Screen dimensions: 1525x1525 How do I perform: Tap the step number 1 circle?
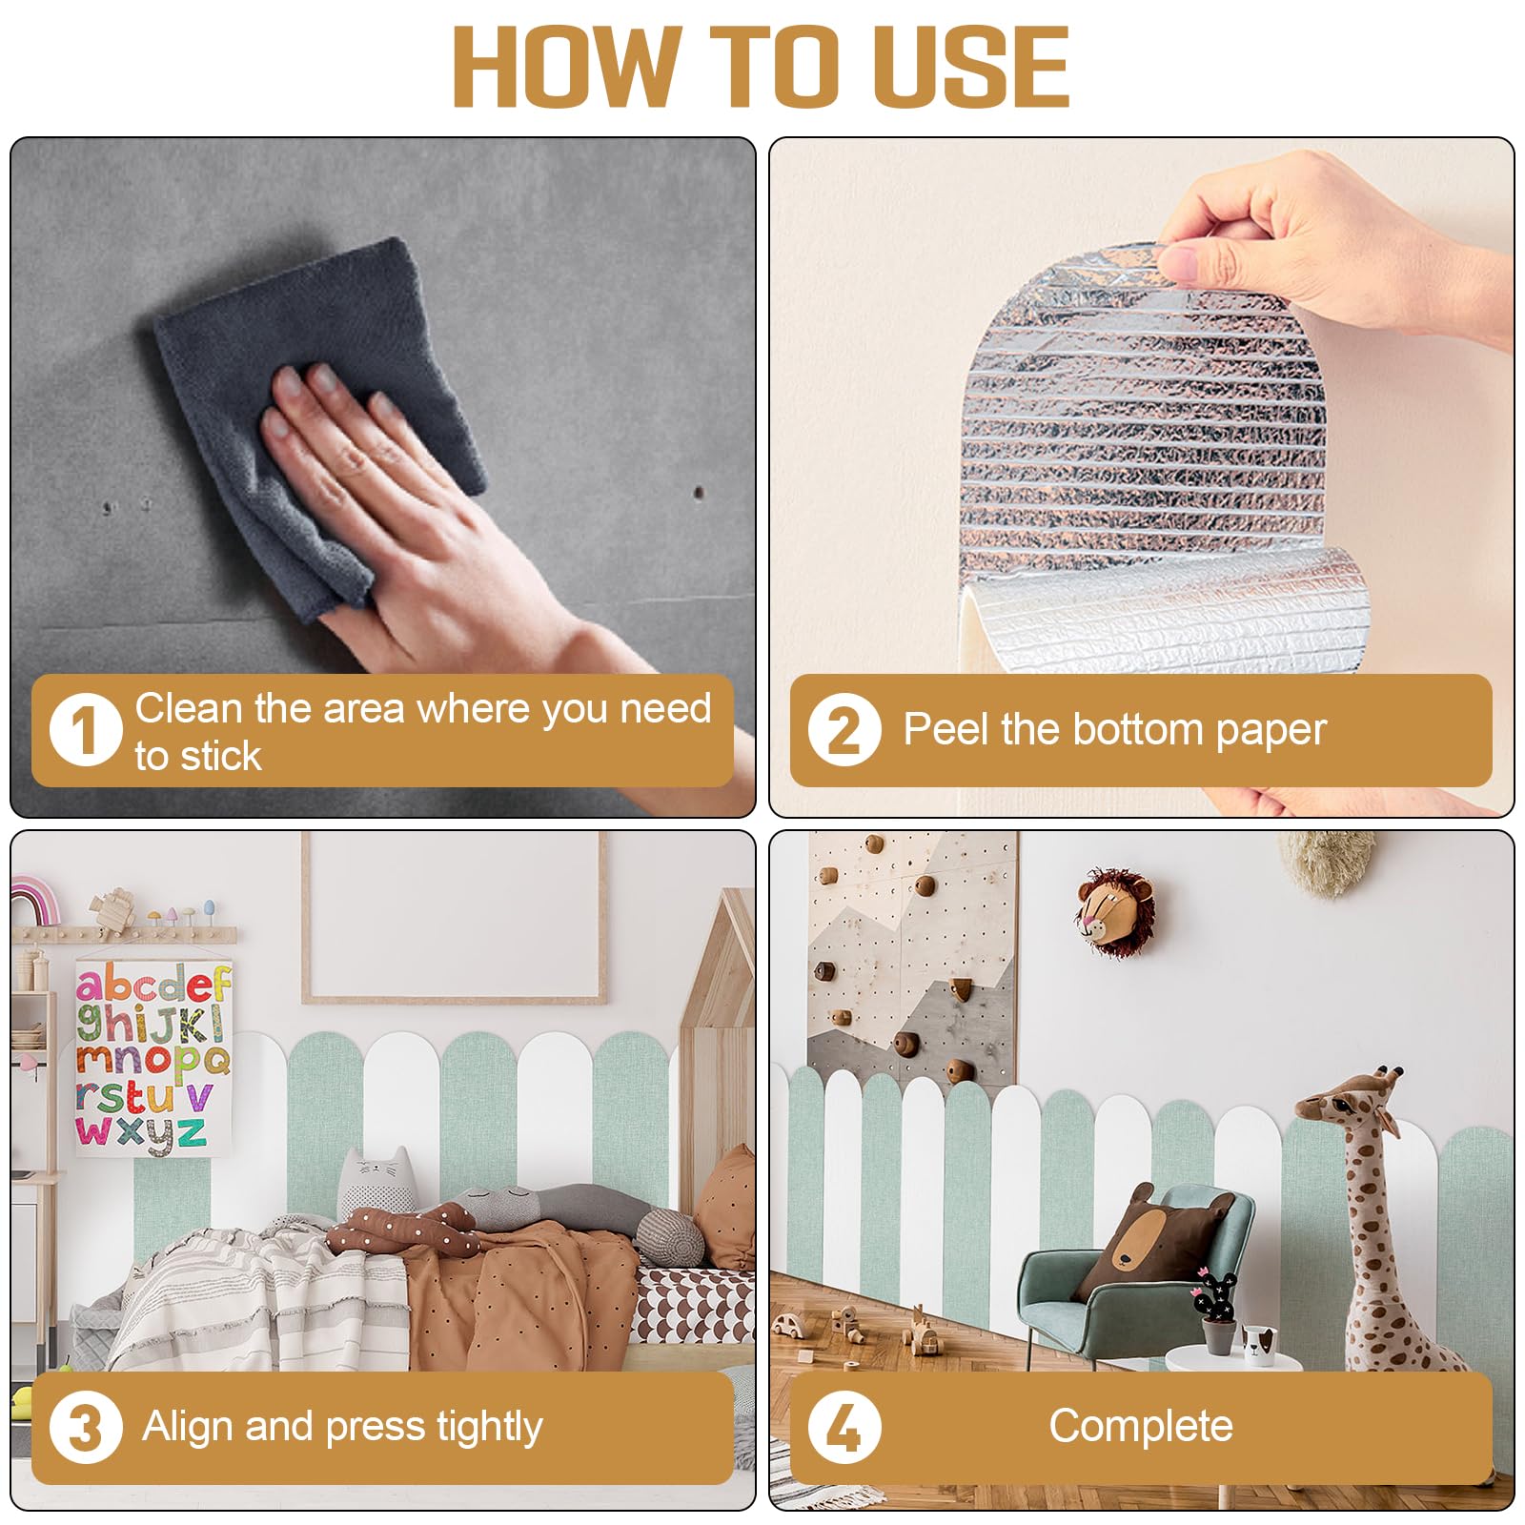coord(86,731)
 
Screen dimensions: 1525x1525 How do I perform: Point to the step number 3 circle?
coord(86,1427)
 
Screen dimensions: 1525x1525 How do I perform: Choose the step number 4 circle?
coord(844,1427)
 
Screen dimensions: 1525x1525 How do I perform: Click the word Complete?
coord(1141,1427)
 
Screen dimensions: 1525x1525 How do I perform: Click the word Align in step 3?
coord(188,1427)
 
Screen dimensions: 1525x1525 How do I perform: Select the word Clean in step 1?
coord(189,708)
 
